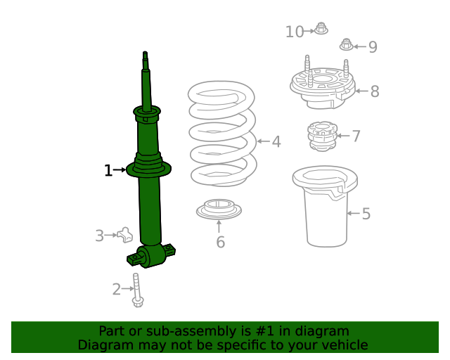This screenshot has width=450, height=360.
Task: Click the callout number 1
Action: tap(108, 170)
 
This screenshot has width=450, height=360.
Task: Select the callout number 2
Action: tap(117, 288)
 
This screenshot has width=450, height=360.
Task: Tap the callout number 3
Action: tap(100, 236)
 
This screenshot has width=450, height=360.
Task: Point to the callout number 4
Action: tap(276, 142)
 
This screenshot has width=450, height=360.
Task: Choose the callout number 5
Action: tap(366, 214)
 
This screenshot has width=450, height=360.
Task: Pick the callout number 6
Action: tap(220, 243)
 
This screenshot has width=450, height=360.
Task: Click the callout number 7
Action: tap(356, 136)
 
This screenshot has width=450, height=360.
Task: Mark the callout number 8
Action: tap(374, 91)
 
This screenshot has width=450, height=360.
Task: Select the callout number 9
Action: tap(373, 47)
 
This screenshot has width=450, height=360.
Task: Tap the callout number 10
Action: tap(295, 32)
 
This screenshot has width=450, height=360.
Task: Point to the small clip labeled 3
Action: tap(125, 234)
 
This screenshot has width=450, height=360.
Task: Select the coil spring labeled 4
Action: tap(221, 134)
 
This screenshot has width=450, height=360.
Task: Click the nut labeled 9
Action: tap(346, 45)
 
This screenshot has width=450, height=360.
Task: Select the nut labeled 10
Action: tap(321, 30)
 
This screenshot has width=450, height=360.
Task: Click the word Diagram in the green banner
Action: tap(103, 345)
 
